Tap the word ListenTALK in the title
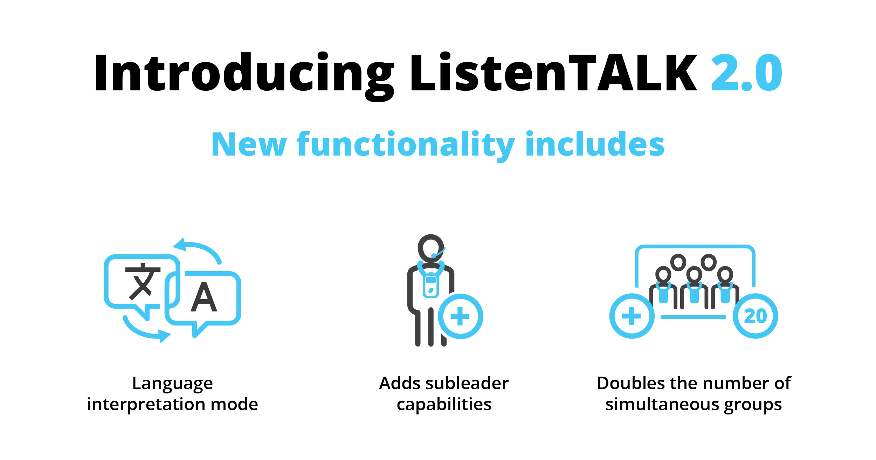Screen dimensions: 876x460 coord(554,73)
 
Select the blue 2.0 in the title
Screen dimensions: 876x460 coord(746,73)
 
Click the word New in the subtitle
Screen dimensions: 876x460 coord(249,144)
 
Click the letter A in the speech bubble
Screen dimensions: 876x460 coord(204,297)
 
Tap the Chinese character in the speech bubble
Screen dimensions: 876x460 coord(143,281)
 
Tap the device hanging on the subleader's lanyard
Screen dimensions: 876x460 coord(431,285)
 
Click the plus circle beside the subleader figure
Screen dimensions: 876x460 coord(460,316)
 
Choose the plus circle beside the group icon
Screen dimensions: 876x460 coord(632,316)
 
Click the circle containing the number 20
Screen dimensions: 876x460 coord(756,316)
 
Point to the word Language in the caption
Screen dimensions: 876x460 coord(172,384)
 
